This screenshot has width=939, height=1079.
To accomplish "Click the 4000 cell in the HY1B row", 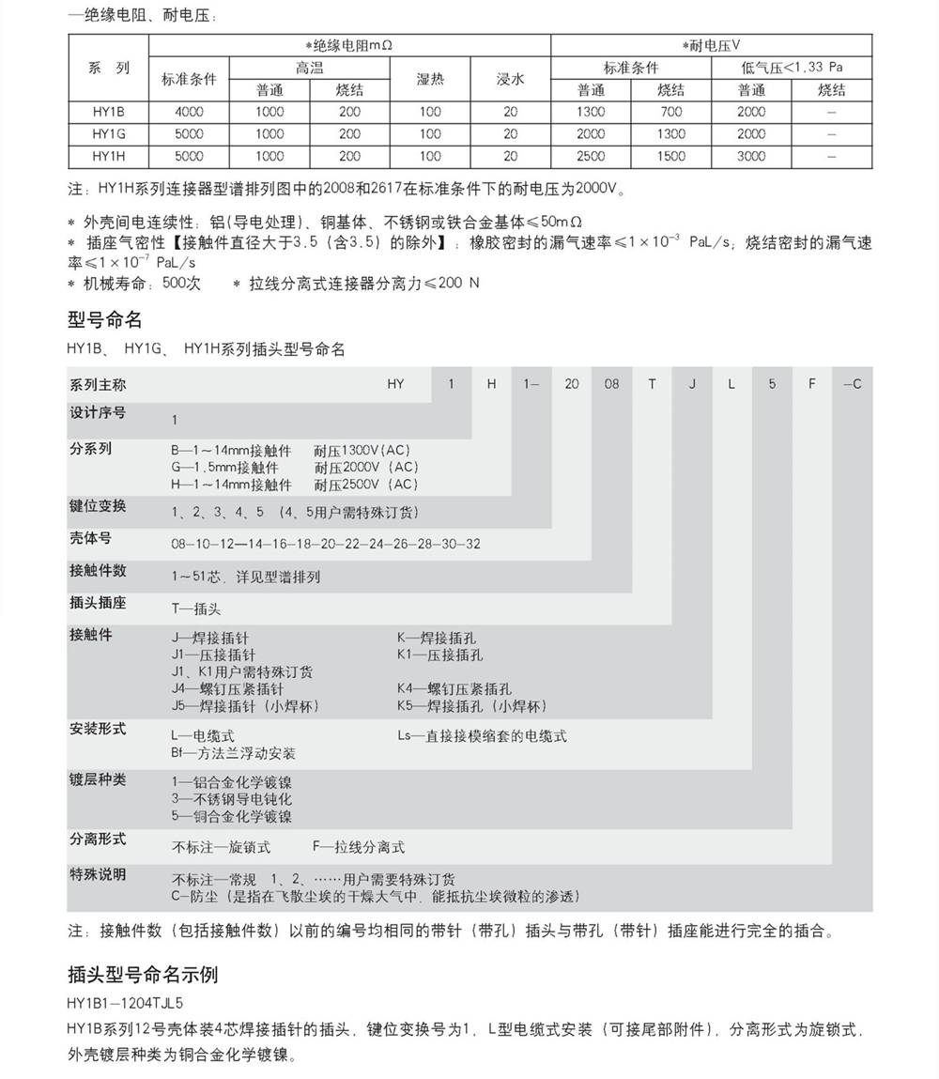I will (x=189, y=112).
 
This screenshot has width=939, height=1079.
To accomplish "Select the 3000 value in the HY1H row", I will (x=751, y=157).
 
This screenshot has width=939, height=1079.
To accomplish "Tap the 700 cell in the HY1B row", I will (x=671, y=112).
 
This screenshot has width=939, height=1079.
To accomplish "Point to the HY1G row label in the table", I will (x=109, y=134).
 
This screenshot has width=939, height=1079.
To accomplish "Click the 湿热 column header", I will (x=430, y=80).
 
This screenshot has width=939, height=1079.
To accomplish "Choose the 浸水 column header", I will (x=510, y=80).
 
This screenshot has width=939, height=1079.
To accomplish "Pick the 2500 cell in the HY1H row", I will (x=591, y=157).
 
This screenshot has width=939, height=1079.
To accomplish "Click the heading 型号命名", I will (x=104, y=320).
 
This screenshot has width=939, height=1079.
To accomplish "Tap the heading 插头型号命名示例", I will (x=143, y=974).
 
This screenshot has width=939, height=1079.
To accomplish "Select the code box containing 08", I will (x=612, y=384).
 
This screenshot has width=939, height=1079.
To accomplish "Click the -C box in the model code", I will (x=853, y=384).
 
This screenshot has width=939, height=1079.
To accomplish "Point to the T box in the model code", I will (x=653, y=384).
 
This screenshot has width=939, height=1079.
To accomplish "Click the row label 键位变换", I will (x=98, y=506).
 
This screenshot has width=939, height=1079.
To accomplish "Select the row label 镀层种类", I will (x=98, y=780).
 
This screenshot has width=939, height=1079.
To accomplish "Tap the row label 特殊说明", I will (x=98, y=874).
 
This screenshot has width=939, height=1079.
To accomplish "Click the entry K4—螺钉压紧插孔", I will (x=454, y=688).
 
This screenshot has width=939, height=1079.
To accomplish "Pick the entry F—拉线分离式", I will (x=359, y=847).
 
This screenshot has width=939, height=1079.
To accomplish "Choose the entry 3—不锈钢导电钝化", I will (x=232, y=799).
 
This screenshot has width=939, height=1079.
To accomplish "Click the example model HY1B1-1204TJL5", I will (x=125, y=1002).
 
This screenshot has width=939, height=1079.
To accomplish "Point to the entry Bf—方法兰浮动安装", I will (x=234, y=753).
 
